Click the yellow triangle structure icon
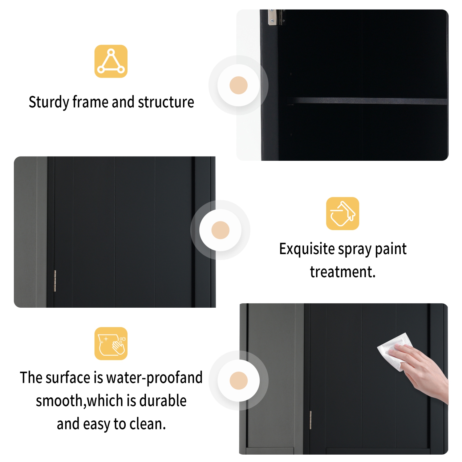[x=111, y=61]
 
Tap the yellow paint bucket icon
[x=342, y=213]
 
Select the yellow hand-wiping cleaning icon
[x=111, y=343]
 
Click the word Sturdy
[x=49, y=102]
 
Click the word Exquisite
[x=307, y=249]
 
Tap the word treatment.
[x=342, y=272]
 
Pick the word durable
[x=163, y=401]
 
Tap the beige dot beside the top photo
[x=238, y=85]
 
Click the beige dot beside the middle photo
[x=220, y=230]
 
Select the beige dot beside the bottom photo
[x=238, y=380]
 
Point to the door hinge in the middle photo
[x=55, y=281]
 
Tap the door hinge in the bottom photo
[x=310, y=420]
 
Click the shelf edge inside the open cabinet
[x=367, y=101]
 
